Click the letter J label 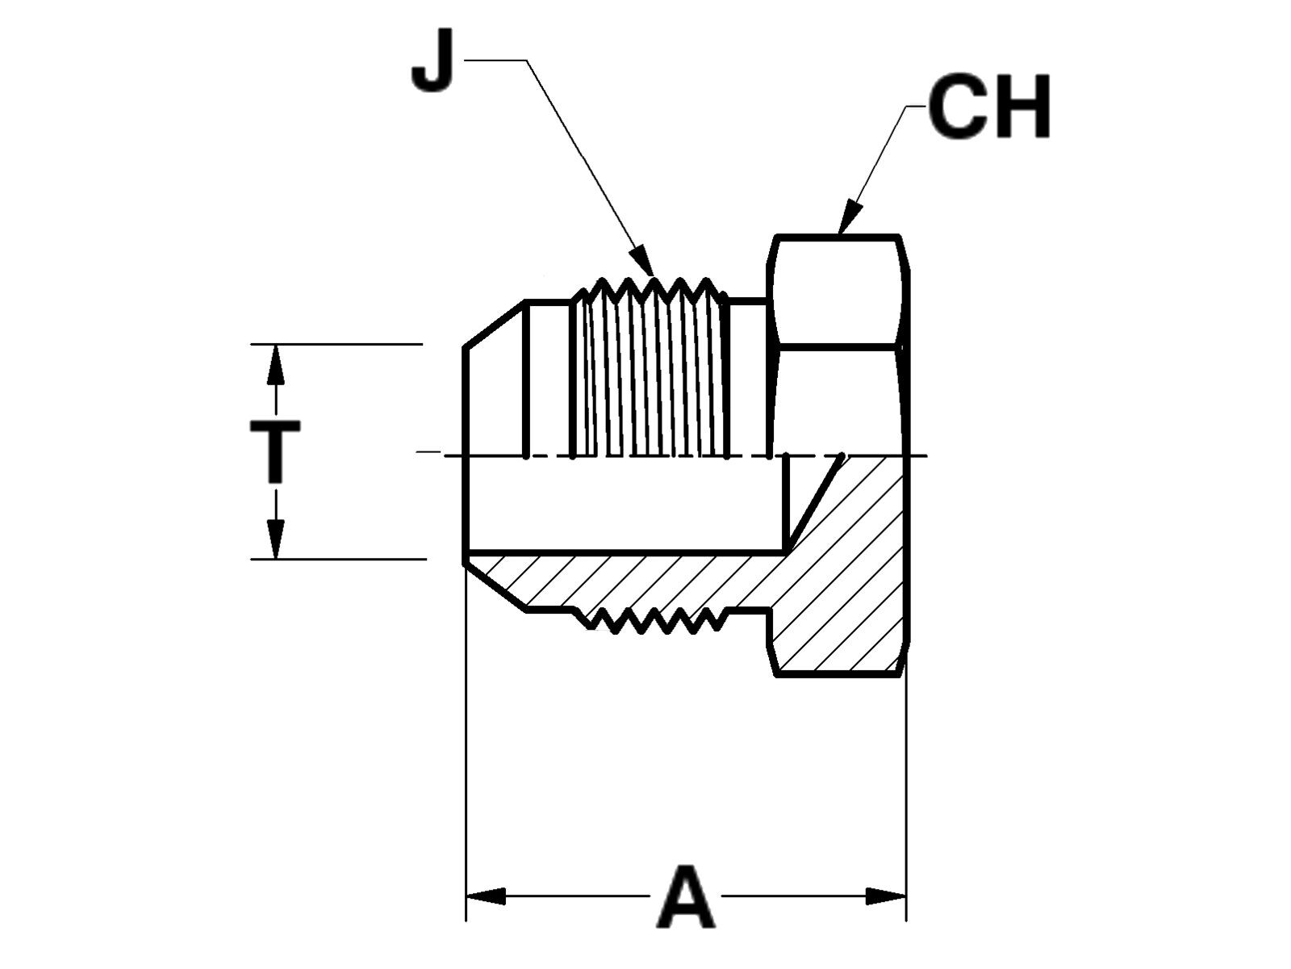[x=432, y=61]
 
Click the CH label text [x=989, y=107]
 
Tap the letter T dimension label [x=275, y=451]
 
